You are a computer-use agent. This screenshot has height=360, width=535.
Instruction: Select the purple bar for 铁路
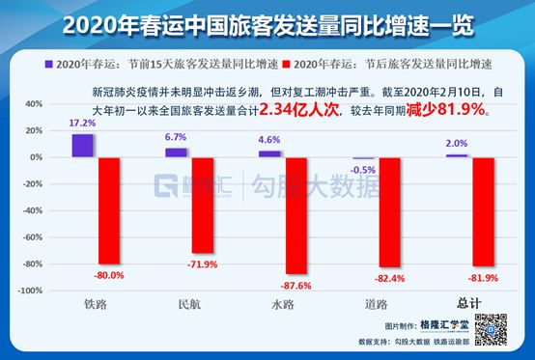point(83,145)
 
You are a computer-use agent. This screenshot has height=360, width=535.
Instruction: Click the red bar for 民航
point(201,205)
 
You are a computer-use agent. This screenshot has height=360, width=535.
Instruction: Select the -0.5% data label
point(363,169)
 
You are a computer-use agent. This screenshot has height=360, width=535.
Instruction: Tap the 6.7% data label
point(176,139)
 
